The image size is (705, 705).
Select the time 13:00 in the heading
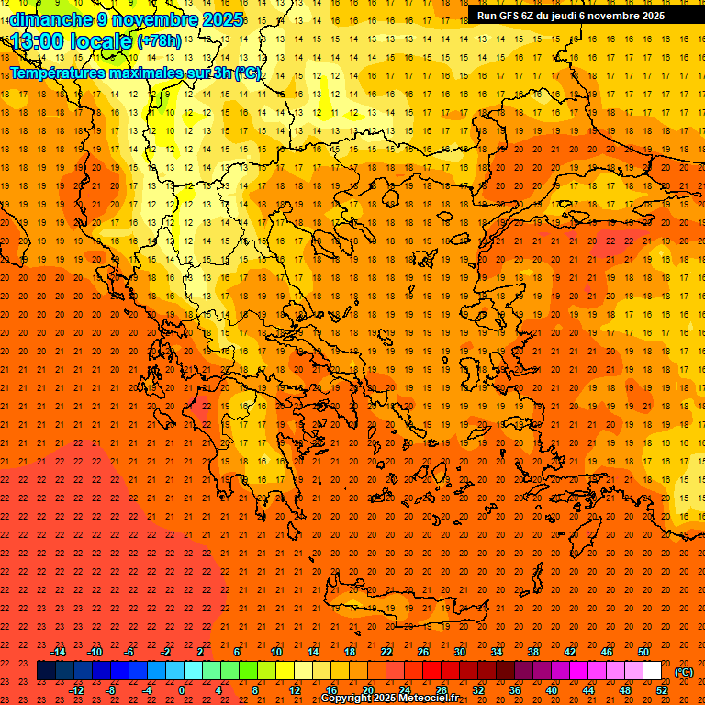(x=38, y=40)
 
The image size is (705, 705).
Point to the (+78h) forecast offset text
(x=158, y=41)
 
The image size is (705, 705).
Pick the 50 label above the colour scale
(x=643, y=652)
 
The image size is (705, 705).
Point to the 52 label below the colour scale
(x=662, y=690)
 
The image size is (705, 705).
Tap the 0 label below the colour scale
(x=182, y=690)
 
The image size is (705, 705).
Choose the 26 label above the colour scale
(x=423, y=652)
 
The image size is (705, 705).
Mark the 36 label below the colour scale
(x=515, y=690)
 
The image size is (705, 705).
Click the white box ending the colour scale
(x=652, y=671)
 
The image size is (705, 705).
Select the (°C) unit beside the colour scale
(x=684, y=672)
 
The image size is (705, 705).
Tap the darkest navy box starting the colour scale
(x=46, y=671)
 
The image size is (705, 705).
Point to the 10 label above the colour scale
(x=276, y=652)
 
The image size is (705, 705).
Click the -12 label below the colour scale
(x=76, y=690)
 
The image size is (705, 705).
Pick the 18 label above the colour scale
(x=350, y=652)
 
